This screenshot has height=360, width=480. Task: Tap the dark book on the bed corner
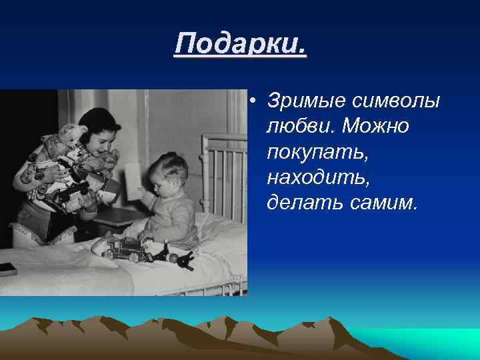(x=6, y=268)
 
